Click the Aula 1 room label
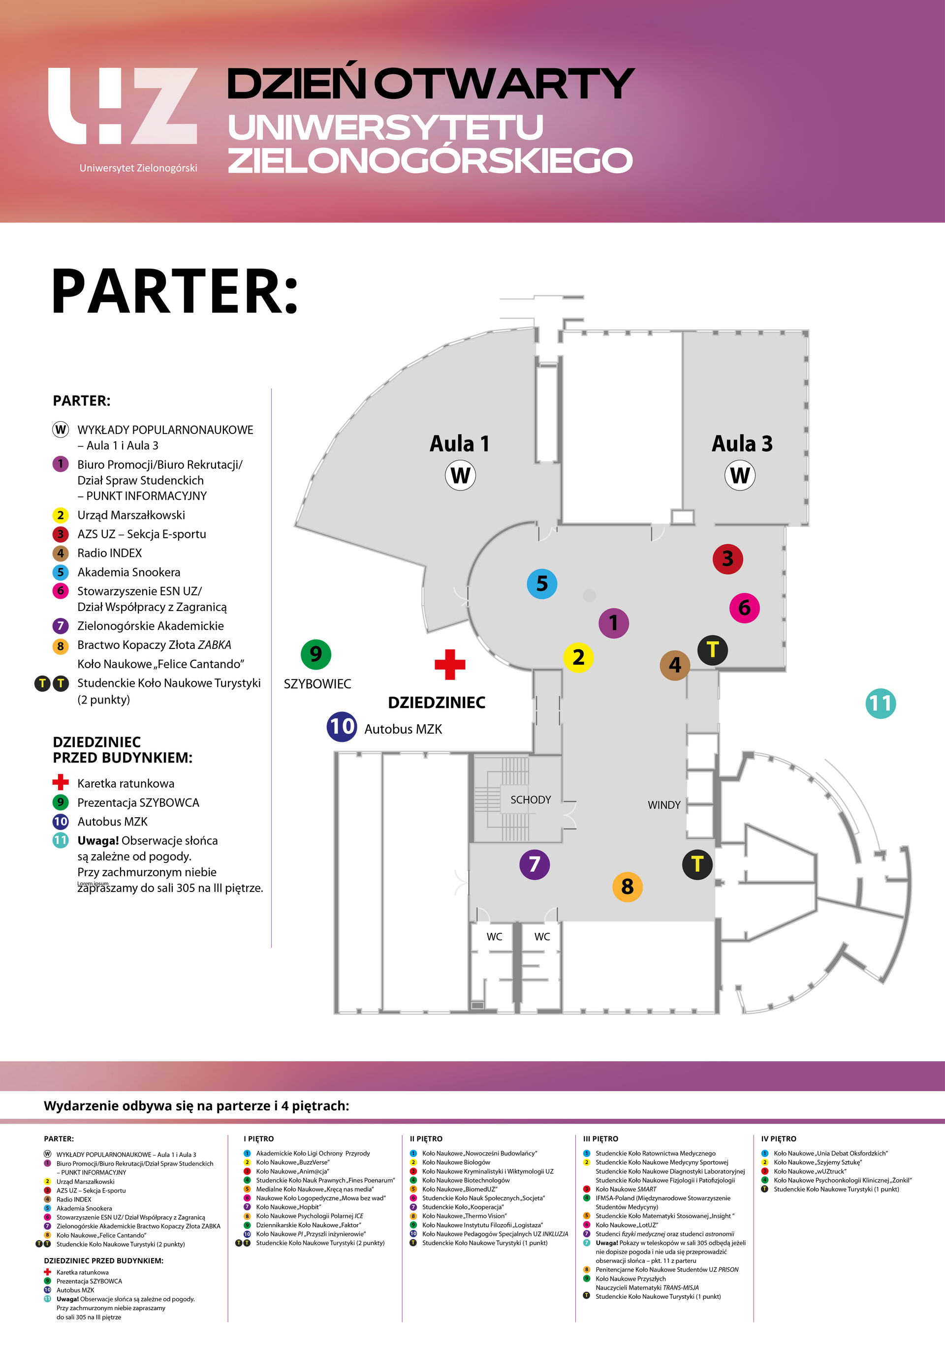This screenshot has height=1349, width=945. tap(459, 444)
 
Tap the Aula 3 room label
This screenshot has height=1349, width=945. tap(742, 444)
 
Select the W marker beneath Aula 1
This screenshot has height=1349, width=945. tap(460, 475)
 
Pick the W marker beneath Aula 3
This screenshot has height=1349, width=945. tap(740, 475)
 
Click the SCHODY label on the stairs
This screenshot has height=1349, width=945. tap(531, 799)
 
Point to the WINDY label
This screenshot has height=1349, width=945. tap(664, 805)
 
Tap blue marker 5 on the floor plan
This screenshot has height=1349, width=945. tap(542, 583)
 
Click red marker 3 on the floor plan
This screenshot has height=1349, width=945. tap(727, 559)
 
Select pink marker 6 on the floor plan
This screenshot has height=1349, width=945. tap(745, 608)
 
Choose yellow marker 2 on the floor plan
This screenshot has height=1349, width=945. tap(578, 657)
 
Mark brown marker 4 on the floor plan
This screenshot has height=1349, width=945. tap(675, 665)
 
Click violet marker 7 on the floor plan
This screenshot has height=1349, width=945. tap(534, 864)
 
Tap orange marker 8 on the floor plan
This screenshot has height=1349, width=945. tap(628, 886)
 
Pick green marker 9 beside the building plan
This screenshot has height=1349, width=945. tap(315, 654)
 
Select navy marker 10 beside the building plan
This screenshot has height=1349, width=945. tap(342, 726)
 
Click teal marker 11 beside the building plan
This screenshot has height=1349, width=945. tap(881, 704)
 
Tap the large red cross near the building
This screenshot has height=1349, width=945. tap(449, 665)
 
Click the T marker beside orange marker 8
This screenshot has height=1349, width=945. tap(697, 864)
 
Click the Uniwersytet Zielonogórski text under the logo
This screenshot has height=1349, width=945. tap(138, 168)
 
